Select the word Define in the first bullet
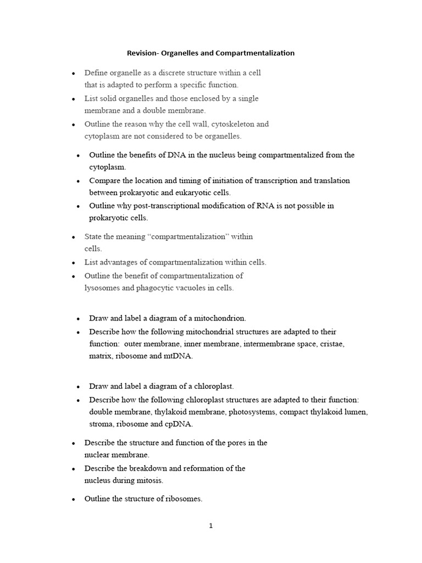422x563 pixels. (x=96, y=73)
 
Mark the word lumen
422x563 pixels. (x=355, y=412)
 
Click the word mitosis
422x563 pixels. (x=150, y=480)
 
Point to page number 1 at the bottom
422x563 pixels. (x=211, y=526)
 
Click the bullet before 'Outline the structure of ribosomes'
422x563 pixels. (x=74, y=499)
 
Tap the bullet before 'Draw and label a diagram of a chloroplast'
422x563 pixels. (x=79, y=387)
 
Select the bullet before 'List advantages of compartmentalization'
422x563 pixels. (x=74, y=263)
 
